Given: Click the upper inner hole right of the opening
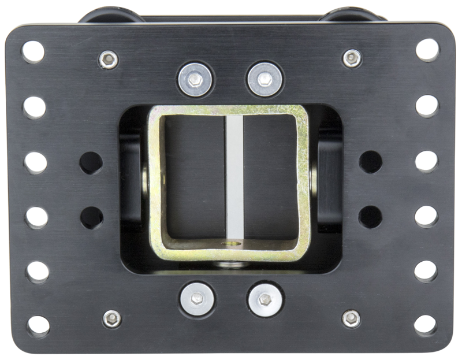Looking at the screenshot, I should tap(370, 161).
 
